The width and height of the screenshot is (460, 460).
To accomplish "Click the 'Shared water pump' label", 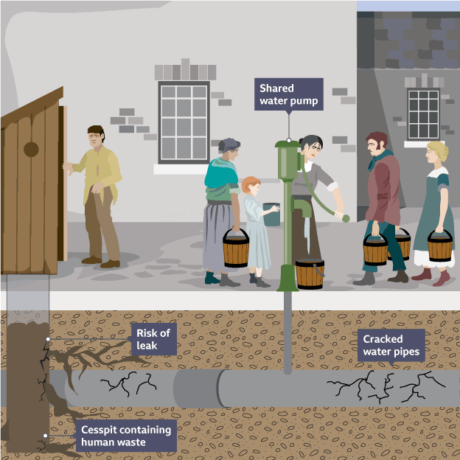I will coord(289,94).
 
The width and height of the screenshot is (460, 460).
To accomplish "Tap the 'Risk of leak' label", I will coord(153,339).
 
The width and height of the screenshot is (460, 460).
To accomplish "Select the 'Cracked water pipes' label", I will coord(391,345).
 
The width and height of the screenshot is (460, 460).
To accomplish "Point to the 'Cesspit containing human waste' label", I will coord(125,436).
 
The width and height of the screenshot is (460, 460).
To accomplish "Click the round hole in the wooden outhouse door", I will coord(31,149).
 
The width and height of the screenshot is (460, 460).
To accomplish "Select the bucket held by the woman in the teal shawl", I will coord(236,249).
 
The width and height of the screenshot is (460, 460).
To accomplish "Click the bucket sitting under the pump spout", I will coord(310,273).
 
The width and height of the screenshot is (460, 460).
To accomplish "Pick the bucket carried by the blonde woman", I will coord(440,246).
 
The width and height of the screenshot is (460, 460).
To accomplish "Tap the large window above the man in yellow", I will coord(184,121).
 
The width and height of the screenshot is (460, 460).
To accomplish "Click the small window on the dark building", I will coord(423,114).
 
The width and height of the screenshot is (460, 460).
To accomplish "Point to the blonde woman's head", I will coord(436,153).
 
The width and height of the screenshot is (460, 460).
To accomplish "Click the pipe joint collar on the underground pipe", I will coord(196,386).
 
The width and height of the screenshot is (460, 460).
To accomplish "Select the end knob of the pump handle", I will coord(345,217).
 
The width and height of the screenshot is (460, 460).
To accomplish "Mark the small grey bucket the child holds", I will coord(271,214).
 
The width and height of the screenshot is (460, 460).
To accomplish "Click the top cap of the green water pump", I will coord(289,144).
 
